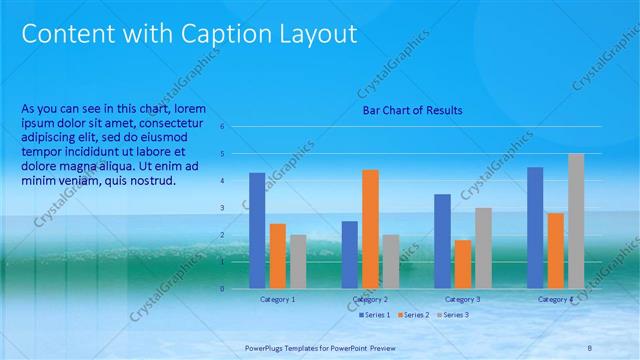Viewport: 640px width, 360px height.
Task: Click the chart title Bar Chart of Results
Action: pos(412,110)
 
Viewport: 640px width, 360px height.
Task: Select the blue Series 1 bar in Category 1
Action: pos(257,230)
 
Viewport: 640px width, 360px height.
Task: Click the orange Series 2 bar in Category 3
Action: pos(463,264)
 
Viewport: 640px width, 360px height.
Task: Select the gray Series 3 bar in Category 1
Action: pos(298,261)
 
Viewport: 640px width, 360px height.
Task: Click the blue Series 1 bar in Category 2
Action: pos(349,255)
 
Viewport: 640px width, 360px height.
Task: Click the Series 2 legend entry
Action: pos(415,315)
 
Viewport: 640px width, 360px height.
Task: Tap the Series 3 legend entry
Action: pos(453,315)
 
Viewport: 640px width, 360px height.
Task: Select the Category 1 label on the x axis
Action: pos(277,299)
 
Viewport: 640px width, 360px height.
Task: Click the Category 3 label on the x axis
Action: pos(462,299)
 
